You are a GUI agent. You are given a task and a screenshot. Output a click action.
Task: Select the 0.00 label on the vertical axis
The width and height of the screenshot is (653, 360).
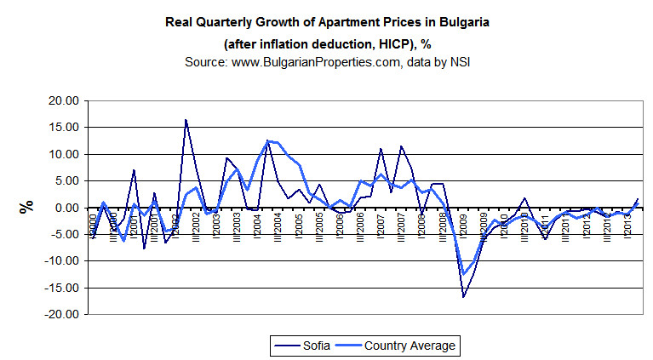click(66, 208)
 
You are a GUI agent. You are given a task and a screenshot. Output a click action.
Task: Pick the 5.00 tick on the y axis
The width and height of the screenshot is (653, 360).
click(66, 181)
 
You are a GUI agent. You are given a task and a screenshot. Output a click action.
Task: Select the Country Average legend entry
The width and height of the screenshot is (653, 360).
click(400, 346)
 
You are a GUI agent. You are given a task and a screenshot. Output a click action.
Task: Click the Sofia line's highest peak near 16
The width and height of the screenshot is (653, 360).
click(186, 120)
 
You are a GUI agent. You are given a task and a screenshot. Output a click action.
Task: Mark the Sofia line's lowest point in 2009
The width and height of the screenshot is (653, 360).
click(464, 297)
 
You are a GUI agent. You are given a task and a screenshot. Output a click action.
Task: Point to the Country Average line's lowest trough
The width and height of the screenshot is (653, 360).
click(464, 274)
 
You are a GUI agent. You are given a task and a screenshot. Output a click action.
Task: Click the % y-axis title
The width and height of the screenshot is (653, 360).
click(26, 207)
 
